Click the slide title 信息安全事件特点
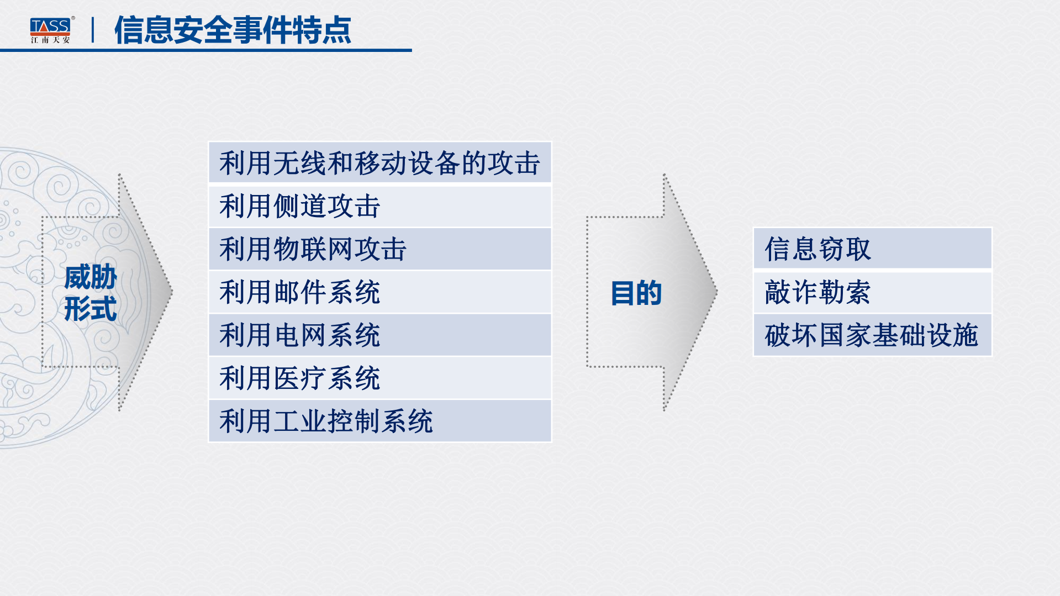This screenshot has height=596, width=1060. (233, 30)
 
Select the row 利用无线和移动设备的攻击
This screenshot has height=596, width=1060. (379, 163)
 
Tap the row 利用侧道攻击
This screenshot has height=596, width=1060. (379, 206)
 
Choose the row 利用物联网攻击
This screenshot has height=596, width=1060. (379, 249)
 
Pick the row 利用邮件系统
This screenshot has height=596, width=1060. (379, 292)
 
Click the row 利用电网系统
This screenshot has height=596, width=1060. (379, 335)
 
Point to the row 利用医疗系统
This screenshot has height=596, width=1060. (379, 378)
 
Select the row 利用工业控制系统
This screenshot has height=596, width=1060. (379, 421)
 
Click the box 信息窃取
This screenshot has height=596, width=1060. (872, 249)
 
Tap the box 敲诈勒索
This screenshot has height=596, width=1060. (872, 292)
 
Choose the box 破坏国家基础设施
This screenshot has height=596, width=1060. (872, 335)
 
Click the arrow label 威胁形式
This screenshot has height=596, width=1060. (91, 293)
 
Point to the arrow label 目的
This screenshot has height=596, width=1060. (636, 293)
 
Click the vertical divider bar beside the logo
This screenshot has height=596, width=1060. (93, 30)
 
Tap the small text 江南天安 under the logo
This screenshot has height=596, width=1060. (50, 40)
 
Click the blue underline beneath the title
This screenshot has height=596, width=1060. (205, 50)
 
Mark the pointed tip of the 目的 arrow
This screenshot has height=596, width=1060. (716, 292)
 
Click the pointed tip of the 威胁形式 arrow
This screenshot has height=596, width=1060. (171, 292)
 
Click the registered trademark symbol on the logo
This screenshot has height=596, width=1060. (73, 18)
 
